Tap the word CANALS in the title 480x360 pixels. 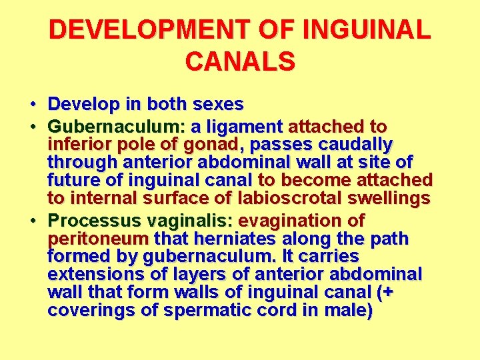(x=240, y=61)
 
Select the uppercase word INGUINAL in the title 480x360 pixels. (x=366, y=30)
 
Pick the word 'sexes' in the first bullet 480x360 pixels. (x=218, y=105)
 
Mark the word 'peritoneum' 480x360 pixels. (x=98, y=239)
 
